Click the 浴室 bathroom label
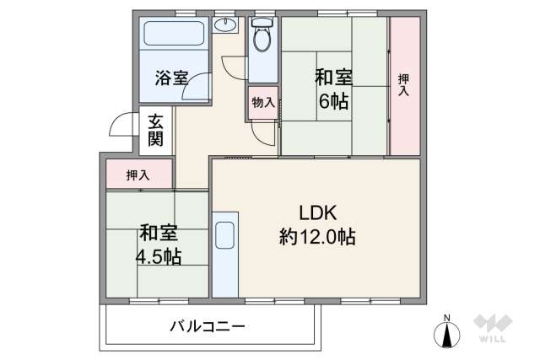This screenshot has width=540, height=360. (x=171, y=78)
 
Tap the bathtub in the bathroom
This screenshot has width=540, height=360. (x=173, y=35)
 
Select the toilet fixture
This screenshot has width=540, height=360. (x=262, y=37)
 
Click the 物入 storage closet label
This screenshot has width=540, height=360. (x=262, y=103)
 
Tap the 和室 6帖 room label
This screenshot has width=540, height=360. (x=334, y=89)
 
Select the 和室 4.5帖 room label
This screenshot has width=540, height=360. (x=159, y=244)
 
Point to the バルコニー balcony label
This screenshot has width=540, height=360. (x=207, y=326)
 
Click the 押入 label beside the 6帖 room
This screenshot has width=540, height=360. (x=404, y=84)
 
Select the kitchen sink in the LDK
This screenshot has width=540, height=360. (x=224, y=235)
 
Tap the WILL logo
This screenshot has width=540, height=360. (x=493, y=330)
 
